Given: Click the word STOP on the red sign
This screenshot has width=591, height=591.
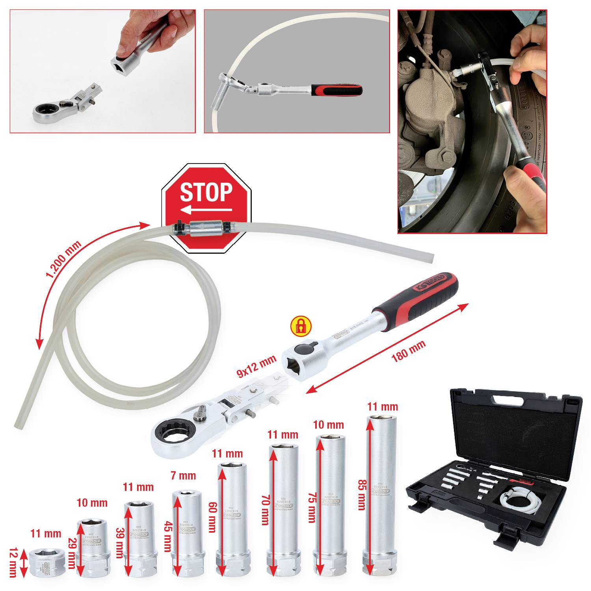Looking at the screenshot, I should [x=206, y=192].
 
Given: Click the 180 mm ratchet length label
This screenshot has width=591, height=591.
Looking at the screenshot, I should [x=408, y=351].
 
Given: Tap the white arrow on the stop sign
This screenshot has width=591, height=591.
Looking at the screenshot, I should [x=206, y=210].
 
